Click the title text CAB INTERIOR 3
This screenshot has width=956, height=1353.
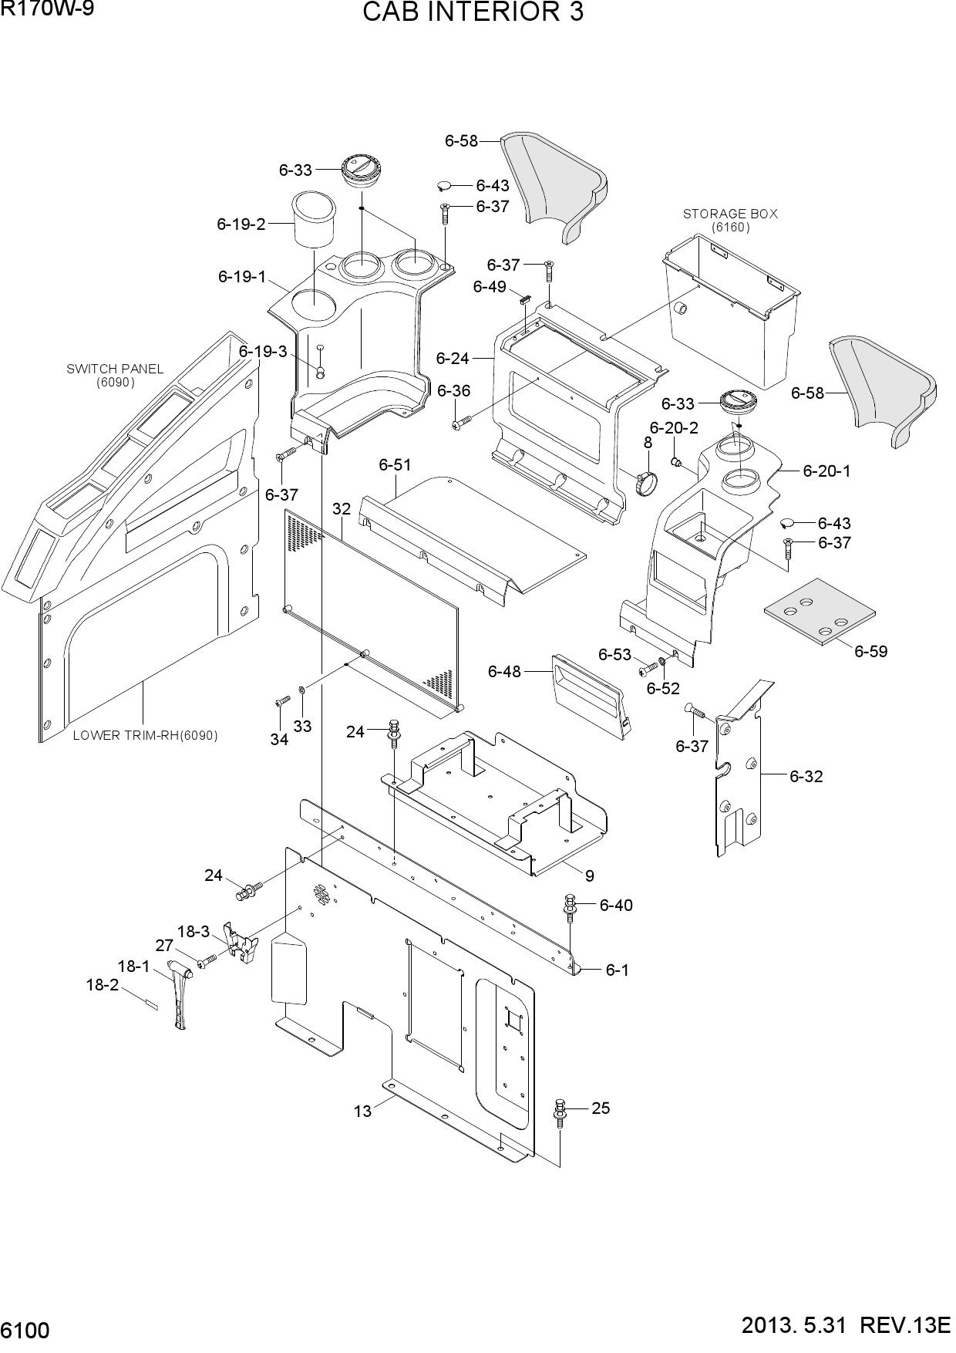pyautogui.click(x=473, y=12)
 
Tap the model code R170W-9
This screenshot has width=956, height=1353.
pyautogui.click(x=47, y=9)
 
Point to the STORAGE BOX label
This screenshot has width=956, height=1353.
pyautogui.click(x=730, y=214)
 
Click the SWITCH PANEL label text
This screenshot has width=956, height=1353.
pyautogui.click(x=115, y=369)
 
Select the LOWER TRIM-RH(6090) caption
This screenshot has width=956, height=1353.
pyautogui.click(x=145, y=735)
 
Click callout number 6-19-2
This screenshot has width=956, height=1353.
pyautogui.click(x=241, y=224)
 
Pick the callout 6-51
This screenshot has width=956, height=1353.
pyautogui.click(x=395, y=464)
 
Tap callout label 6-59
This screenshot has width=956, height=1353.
pyautogui.click(x=870, y=651)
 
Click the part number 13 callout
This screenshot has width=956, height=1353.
pyautogui.click(x=362, y=1111)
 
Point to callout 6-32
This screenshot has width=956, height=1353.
pyautogui.click(x=806, y=776)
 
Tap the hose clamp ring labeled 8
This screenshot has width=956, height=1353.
pyautogui.click(x=647, y=482)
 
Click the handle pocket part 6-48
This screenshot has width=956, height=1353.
pyautogui.click(x=591, y=696)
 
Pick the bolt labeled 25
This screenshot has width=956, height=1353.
pyautogui.click(x=560, y=1114)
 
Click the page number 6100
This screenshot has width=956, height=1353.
pyautogui.click(x=25, y=1331)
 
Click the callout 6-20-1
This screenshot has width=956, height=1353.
pyautogui.click(x=826, y=471)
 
